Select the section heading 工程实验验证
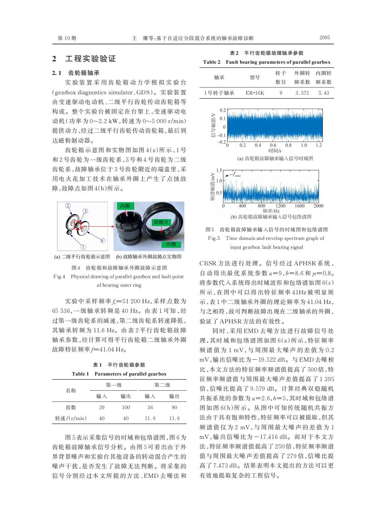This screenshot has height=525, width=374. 91,59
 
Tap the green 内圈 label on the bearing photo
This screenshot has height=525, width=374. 125,206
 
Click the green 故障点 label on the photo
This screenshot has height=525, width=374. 161,222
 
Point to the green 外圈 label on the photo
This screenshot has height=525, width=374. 171,244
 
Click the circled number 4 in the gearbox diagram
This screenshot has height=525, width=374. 103,240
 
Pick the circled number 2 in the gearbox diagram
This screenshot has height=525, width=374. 68,206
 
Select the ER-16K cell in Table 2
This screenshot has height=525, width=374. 255,93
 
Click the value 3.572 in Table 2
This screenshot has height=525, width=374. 302,93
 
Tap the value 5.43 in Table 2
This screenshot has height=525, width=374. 324,93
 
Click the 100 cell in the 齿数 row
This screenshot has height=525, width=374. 126,408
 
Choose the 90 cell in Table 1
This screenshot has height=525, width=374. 174,408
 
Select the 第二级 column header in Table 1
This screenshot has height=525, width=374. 162,385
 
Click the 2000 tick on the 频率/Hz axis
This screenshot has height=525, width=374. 319,206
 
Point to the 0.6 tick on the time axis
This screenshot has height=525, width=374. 273,145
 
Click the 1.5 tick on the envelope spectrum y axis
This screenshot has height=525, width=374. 219,171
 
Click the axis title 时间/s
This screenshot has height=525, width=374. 275,150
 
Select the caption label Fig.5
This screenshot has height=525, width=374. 214,238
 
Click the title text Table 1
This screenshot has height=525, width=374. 80,374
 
